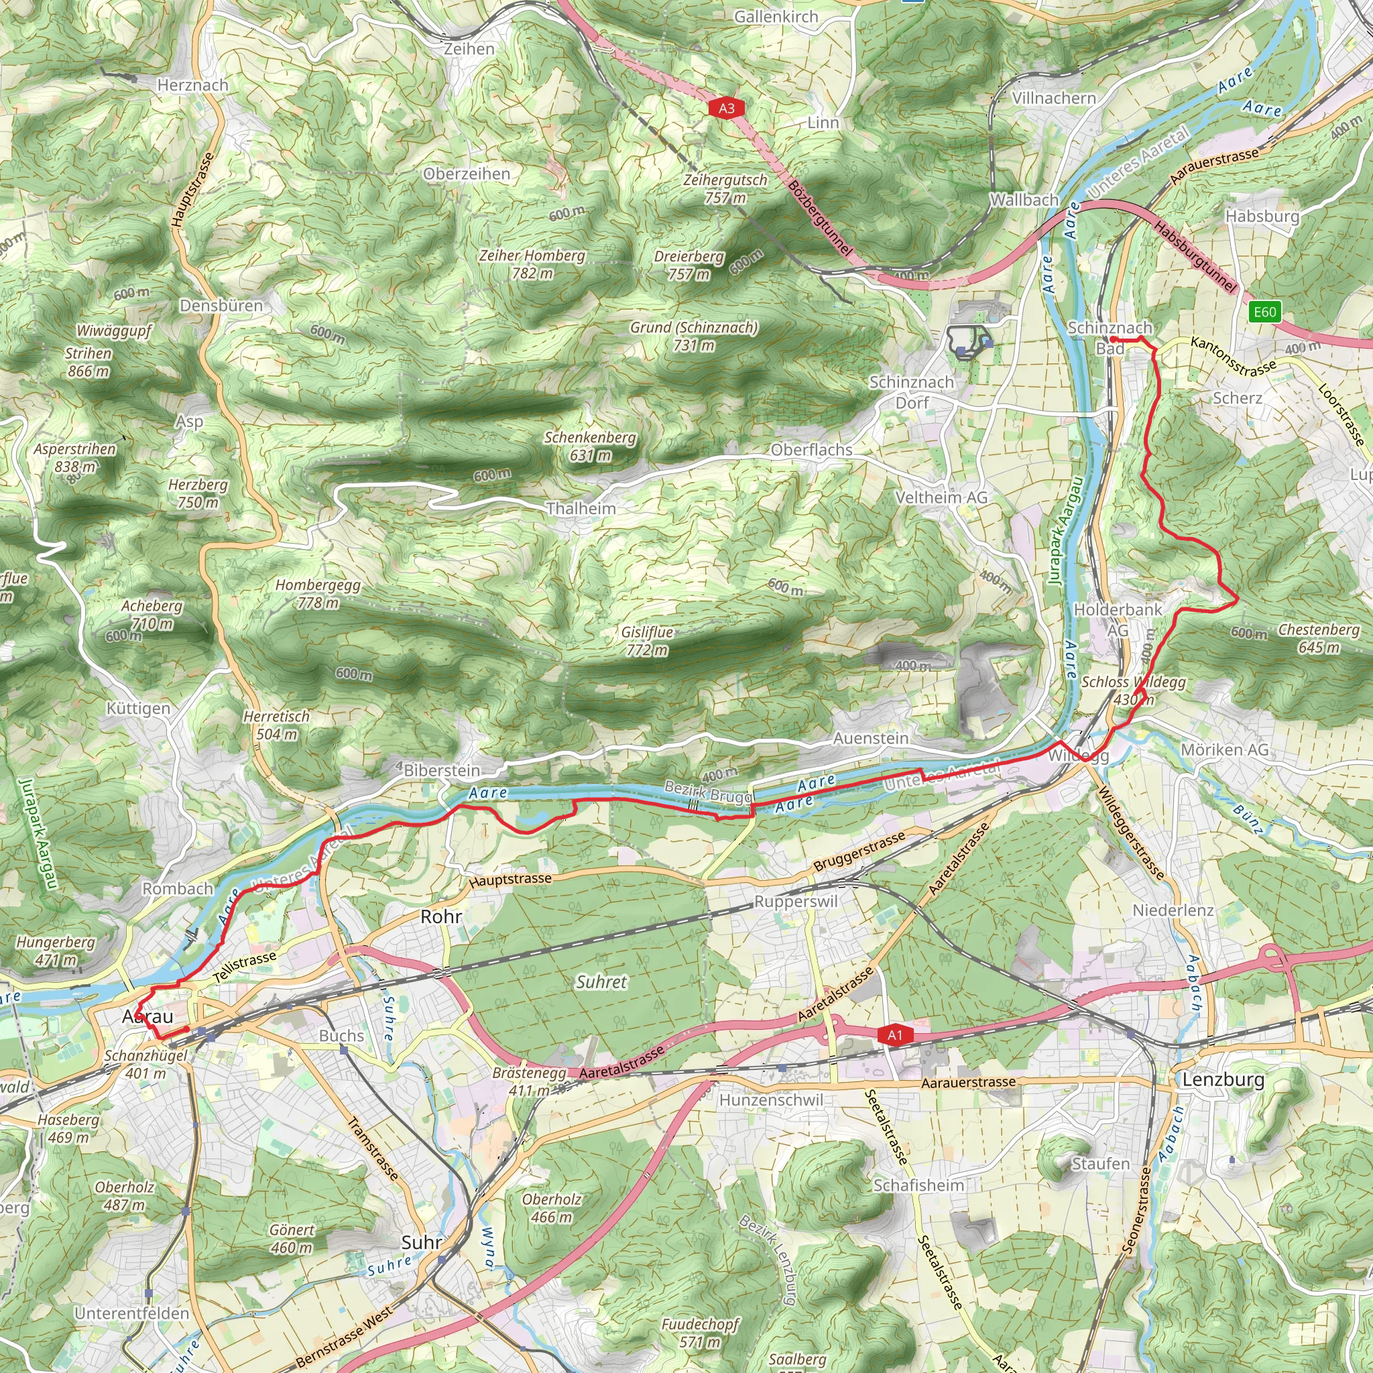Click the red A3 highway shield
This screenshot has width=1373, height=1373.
(725, 108)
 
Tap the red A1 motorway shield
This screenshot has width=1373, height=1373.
(894, 1034)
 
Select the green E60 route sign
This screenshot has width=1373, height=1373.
(1265, 311)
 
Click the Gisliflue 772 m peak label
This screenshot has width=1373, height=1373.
(647, 641)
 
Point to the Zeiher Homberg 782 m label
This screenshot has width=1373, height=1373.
(532, 264)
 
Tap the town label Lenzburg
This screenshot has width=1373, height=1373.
(1223, 1080)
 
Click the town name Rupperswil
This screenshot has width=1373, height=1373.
(796, 901)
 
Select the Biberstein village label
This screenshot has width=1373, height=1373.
(441, 770)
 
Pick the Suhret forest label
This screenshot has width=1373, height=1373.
(601, 982)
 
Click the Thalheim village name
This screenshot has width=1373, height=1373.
(581, 508)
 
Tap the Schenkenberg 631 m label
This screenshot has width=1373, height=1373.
(590, 446)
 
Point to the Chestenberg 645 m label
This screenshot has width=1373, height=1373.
(1319, 638)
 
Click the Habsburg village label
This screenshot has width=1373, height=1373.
(1262, 215)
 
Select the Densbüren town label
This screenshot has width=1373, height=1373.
(221, 306)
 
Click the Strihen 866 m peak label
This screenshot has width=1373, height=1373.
(89, 362)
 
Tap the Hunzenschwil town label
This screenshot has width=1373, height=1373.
(771, 1100)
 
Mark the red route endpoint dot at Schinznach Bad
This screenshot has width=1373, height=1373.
(1113, 340)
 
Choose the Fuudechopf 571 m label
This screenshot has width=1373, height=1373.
(700, 1333)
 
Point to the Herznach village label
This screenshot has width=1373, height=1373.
(192, 85)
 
